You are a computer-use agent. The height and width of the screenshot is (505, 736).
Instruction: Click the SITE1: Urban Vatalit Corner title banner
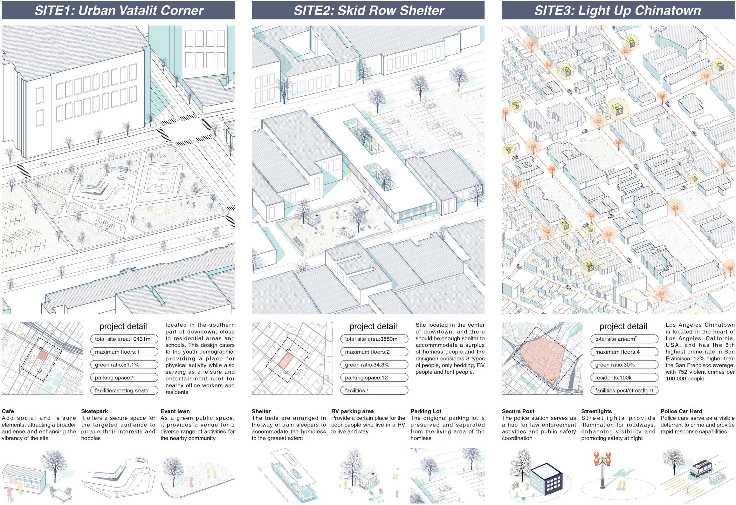118,10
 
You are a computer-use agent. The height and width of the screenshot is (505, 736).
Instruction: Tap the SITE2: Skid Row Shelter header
368,10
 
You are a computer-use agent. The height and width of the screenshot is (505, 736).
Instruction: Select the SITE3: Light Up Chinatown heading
618,10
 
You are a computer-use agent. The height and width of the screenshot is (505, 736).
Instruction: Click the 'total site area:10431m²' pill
124,339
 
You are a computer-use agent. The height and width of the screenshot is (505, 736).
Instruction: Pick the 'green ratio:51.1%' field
124,365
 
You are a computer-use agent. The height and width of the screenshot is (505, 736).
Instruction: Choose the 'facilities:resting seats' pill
124,390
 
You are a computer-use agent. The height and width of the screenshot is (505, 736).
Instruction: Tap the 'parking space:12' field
374,378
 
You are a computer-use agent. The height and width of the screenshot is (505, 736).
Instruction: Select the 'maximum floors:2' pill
374,352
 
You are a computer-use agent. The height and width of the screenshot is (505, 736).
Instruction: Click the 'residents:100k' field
624,378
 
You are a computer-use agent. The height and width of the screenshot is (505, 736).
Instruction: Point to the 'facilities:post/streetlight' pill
624,390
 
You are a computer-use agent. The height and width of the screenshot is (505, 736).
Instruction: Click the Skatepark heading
94,411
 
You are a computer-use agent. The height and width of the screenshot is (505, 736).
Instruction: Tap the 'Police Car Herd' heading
681,411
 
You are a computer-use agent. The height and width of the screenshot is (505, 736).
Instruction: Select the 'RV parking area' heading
352,411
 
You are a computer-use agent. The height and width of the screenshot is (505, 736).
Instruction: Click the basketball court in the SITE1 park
161,179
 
